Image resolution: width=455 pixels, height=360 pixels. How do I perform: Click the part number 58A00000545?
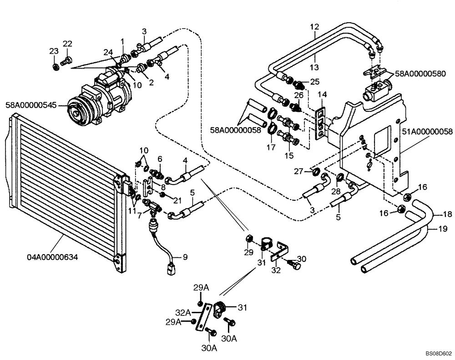coord(31,105)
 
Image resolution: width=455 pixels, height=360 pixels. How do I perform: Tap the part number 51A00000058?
coord(427,132)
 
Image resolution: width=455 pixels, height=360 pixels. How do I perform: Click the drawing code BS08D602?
coord(438,353)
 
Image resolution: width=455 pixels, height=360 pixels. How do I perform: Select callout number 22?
coord(67,44)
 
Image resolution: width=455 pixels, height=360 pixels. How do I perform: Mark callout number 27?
coord(298,171)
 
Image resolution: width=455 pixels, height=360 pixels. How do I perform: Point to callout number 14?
coord(322,94)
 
